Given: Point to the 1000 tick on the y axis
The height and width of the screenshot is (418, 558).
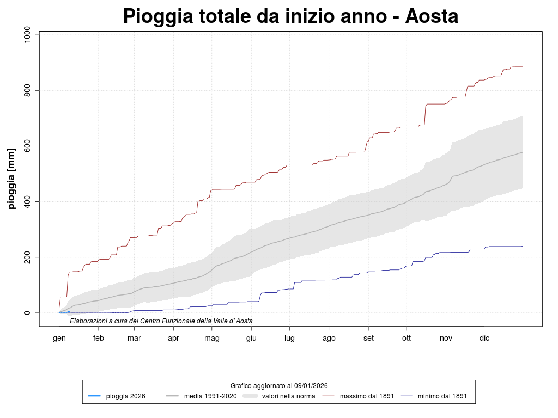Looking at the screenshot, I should tap(28, 35).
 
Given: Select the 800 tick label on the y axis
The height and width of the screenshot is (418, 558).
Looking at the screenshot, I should tap(28, 90).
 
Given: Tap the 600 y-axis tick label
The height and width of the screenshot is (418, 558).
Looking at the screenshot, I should tap(28, 146).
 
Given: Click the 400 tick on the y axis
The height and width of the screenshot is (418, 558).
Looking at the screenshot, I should tap(28, 201).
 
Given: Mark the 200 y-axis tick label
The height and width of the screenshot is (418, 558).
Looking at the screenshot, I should tap(28, 257).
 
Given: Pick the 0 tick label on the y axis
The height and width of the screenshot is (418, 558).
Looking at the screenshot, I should tap(28, 312).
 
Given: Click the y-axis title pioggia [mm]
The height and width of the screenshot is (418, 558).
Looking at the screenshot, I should tap(11, 179).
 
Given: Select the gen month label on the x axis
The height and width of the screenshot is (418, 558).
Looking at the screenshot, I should tap(59, 338).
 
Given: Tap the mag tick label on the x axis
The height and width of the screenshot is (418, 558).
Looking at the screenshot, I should tap(212, 338).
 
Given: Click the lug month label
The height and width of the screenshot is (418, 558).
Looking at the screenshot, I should tap(289, 338).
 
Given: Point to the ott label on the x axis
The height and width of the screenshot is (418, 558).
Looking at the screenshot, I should tap(407, 338).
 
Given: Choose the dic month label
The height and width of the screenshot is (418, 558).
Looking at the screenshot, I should tap(484, 338).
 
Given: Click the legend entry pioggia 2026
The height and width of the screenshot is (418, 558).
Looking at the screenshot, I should tap(125, 396).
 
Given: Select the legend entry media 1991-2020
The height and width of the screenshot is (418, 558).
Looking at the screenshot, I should tap(210, 396).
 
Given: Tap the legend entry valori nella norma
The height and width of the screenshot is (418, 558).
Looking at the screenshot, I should tap(288, 396).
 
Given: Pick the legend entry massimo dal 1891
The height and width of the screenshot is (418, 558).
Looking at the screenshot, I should tap(367, 396).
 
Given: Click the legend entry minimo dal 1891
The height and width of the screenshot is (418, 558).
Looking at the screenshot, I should tap(442, 396).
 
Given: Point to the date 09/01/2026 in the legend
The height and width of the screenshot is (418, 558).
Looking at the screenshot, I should tap(310, 385).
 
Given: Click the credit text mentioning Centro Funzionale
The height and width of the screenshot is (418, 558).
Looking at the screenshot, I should tap(161, 321).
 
